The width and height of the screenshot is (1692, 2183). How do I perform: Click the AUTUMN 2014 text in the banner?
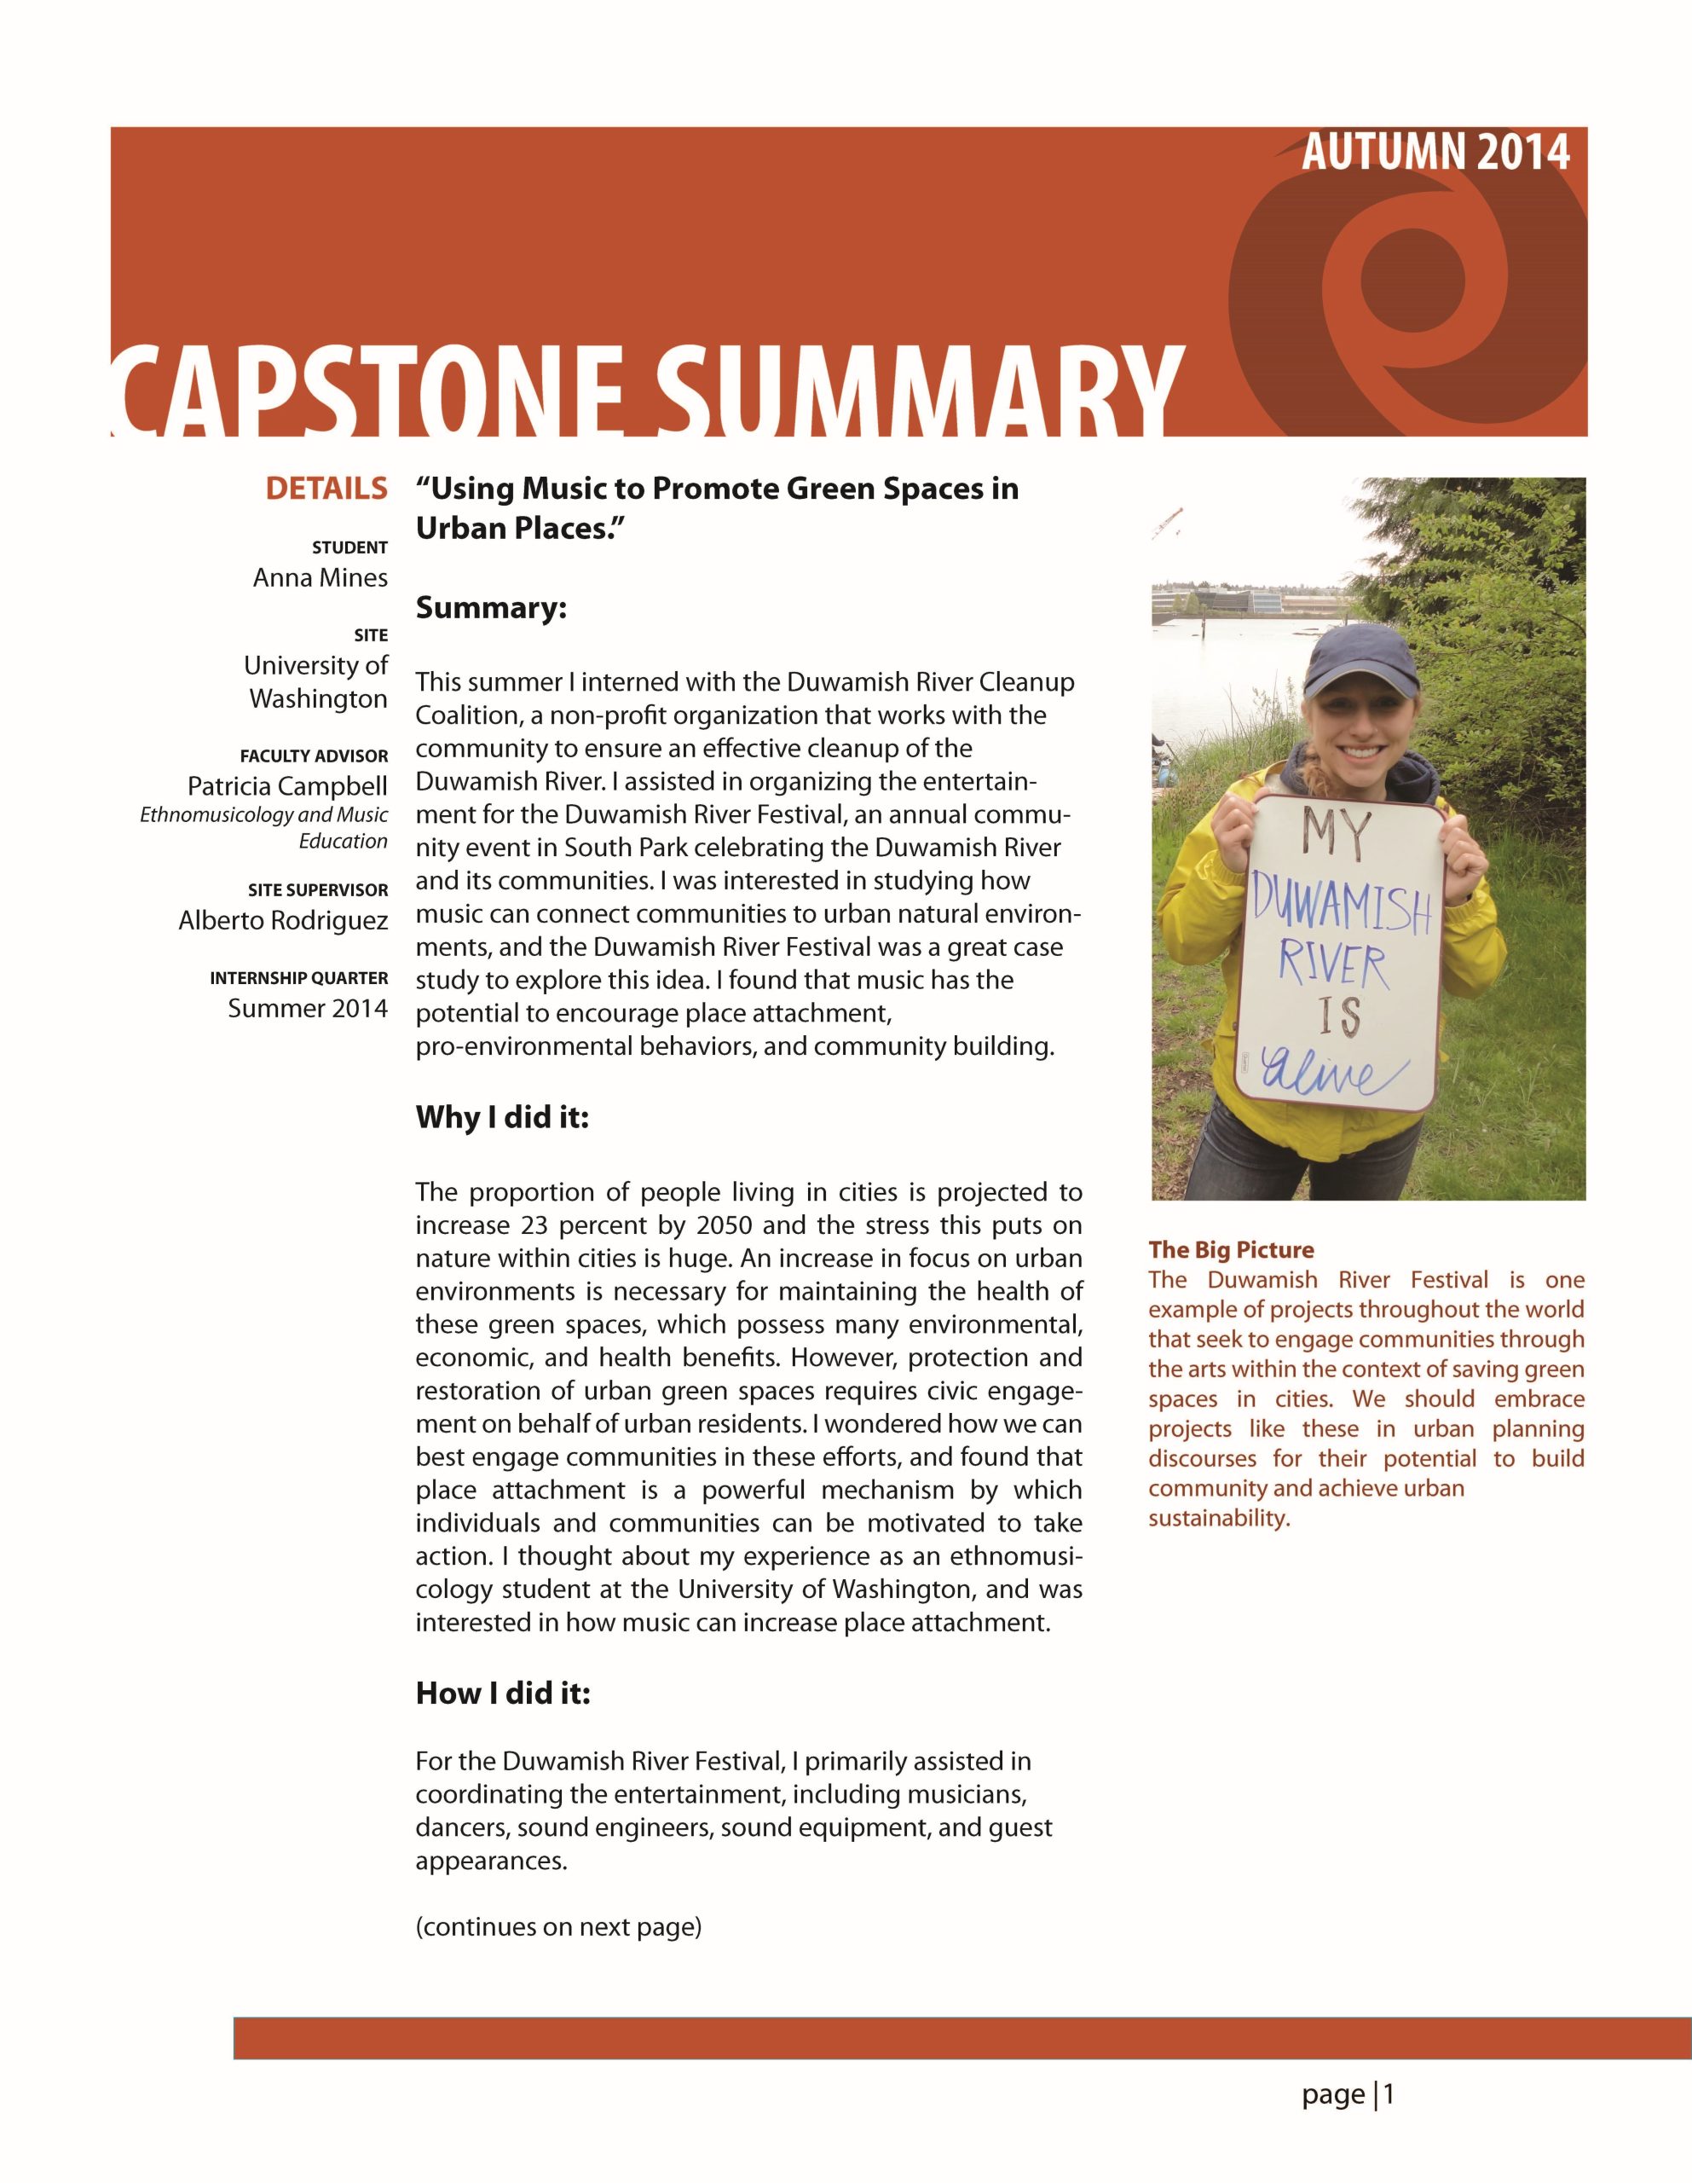coord(1435,153)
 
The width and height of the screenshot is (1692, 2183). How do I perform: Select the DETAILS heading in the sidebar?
coord(326,489)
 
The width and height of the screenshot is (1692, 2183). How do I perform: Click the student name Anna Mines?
coord(320,578)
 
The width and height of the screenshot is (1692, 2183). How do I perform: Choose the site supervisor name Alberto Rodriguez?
coord(283,921)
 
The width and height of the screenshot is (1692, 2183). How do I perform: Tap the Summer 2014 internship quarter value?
coord(307,1009)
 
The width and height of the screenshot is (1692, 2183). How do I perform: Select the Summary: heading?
coord(491,608)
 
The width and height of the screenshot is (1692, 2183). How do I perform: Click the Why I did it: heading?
coord(502,1117)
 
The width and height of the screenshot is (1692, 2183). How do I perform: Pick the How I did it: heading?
coord(503,1694)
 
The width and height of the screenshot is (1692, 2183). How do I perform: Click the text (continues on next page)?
coord(558,1927)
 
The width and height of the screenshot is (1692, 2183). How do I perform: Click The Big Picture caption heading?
coord(1230,1249)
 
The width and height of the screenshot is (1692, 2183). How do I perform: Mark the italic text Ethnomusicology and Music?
coord(263,814)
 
